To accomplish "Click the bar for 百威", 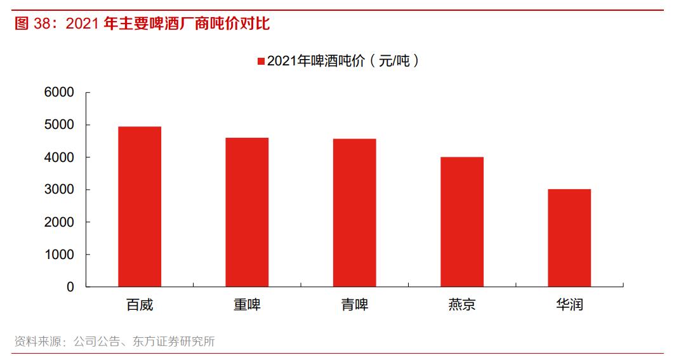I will [140, 206].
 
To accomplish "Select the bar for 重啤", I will [247, 212].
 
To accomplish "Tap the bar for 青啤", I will [354, 213].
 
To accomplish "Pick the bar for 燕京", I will [461, 222].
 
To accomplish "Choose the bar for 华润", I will [569, 238].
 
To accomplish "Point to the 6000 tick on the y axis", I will [59, 93].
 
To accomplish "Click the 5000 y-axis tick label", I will [59, 125].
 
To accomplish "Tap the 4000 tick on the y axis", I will [59, 157].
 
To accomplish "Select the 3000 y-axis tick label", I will [59, 190].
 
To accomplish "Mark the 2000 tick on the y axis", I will [59, 222].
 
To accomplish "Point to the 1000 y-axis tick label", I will [59, 255].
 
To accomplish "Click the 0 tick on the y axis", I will [70, 287].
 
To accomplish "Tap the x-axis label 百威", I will [140, 305].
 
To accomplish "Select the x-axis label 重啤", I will [247, 305].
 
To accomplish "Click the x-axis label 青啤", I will [354, 305].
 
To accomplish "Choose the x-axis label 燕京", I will [461, 305].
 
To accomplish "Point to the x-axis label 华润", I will [569, 305].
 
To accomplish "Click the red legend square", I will [261, 62].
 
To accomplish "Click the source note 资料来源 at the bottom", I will [37, 342].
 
